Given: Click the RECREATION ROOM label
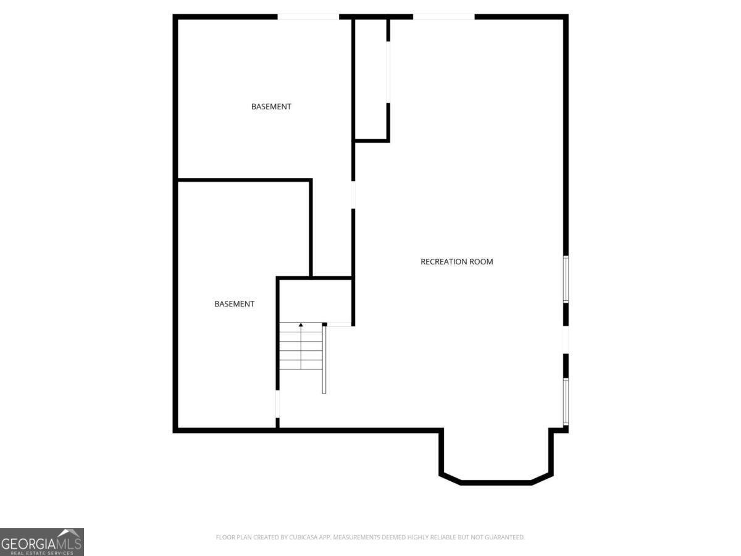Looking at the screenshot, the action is [x=456, y=261].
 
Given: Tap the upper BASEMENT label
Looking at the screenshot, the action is [x=271, y=107].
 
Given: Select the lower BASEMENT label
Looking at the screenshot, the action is [x=234, y=304].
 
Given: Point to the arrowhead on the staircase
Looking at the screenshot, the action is [x=301, y=325].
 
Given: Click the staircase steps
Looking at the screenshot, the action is [x=301, y=346].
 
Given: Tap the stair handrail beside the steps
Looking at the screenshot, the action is [x=324, y=358].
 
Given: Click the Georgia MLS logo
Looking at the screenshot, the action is [x=42, y=542].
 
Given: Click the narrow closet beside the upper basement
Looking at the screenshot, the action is [x=371, y=79].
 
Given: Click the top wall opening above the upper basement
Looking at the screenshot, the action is [x=308, y=17].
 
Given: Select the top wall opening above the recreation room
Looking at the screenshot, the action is [x=444, y=17].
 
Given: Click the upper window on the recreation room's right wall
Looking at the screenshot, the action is [x=566, y=279].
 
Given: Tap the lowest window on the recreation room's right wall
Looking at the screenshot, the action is [x=566, y=402].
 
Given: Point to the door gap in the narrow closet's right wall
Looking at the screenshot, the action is [x=388, y=72].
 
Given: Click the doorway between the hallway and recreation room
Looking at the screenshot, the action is [x=353, y=195].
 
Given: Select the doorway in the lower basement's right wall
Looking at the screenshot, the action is [x=277, y=404].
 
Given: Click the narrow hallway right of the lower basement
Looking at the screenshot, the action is [x=332, y=229].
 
